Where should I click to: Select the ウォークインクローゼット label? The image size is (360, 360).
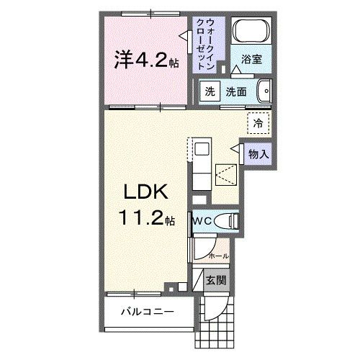[210, 43]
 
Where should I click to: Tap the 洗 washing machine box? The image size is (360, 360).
[209, 92]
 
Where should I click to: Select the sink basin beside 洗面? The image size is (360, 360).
[265, 92]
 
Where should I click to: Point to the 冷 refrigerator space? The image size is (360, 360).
[257, 123]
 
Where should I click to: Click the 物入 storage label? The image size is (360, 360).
[258, 153]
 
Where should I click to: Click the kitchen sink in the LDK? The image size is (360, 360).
[202, 149]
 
